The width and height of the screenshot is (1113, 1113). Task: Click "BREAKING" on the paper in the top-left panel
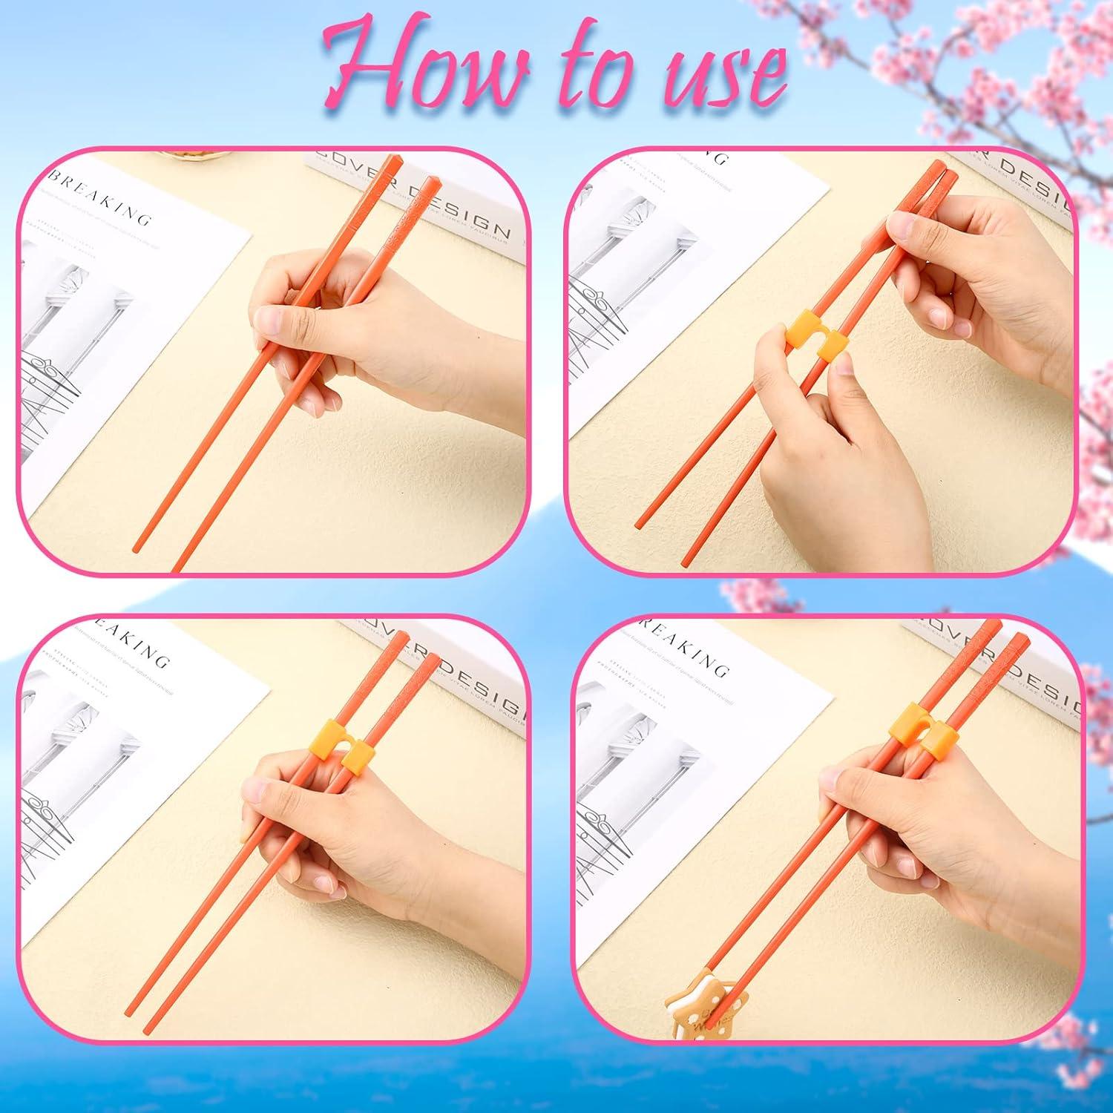coord(99,197)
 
